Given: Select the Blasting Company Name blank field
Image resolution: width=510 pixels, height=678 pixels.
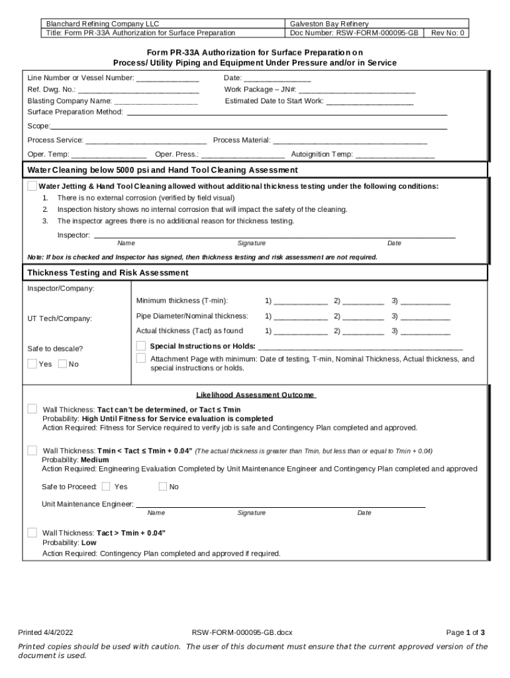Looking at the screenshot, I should [x=156, y=101].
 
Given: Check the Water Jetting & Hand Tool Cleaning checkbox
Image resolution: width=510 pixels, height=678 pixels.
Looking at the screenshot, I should [x=32, y=186].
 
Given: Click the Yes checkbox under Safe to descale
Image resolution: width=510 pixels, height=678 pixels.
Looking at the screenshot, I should [x=32, y=363].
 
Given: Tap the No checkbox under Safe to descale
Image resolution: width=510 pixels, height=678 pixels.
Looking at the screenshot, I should [x=62, y=363].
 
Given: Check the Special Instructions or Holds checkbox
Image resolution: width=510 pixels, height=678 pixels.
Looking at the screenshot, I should [x=140, y=346].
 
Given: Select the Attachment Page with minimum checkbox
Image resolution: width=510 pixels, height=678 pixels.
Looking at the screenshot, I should [x=140, y=358].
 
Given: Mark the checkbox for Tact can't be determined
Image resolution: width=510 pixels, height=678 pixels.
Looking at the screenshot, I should [x=32, y=409].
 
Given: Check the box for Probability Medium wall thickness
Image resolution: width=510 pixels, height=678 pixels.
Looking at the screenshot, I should [x=32, y=450].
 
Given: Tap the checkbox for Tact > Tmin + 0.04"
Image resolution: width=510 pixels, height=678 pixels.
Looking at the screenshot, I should [x=32, y=532].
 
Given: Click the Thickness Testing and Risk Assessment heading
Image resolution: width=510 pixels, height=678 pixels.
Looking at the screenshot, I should [x=108, y=273].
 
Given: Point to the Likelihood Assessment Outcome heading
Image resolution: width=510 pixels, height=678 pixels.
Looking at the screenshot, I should [x=255, y=395].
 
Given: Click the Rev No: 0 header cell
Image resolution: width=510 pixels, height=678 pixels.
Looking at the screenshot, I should [x=448, y=32].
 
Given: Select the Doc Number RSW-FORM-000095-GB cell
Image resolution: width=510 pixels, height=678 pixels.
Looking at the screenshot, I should [x=354, y=32].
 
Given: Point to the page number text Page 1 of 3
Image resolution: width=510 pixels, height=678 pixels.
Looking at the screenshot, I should [x=466, y=632].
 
